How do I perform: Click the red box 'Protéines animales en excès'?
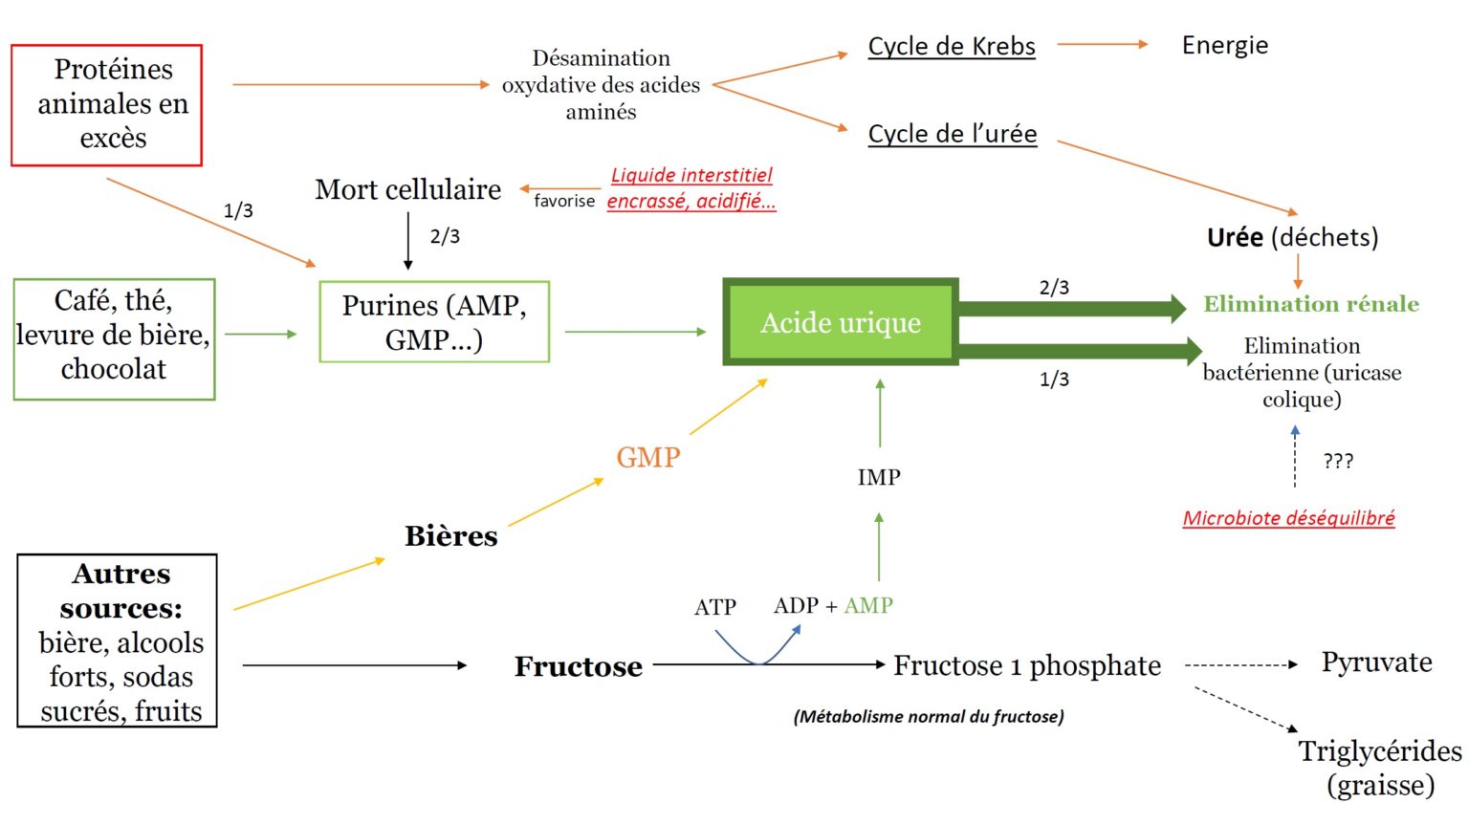tap(107, 104)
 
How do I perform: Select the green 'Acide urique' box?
tap(841, 323)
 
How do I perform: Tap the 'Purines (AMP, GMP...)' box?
tap(434, 322)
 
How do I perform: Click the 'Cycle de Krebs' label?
tap(952, 46)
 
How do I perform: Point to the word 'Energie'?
tap(1225, 45)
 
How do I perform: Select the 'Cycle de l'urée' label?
tap(953, 134)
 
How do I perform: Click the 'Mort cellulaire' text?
tap(408, 189)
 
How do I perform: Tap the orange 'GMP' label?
tap(648, 457)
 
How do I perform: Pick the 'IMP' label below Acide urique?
tap(879, 477)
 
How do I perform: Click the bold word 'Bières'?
tap(451, 536)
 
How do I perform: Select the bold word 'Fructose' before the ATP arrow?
tap(579, 666)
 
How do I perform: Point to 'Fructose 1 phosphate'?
tap(1027, 665)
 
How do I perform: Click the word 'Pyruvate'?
tap(1377, 662)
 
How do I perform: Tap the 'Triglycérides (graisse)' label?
tap(1380, 768)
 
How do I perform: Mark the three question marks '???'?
tap(1338, 462)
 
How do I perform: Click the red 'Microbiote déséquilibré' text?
tap(1288, 518)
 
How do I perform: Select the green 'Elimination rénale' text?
tap(1311, 304)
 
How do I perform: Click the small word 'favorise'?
tap(564, 201)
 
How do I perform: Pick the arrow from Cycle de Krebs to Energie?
tap(1103, 44)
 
